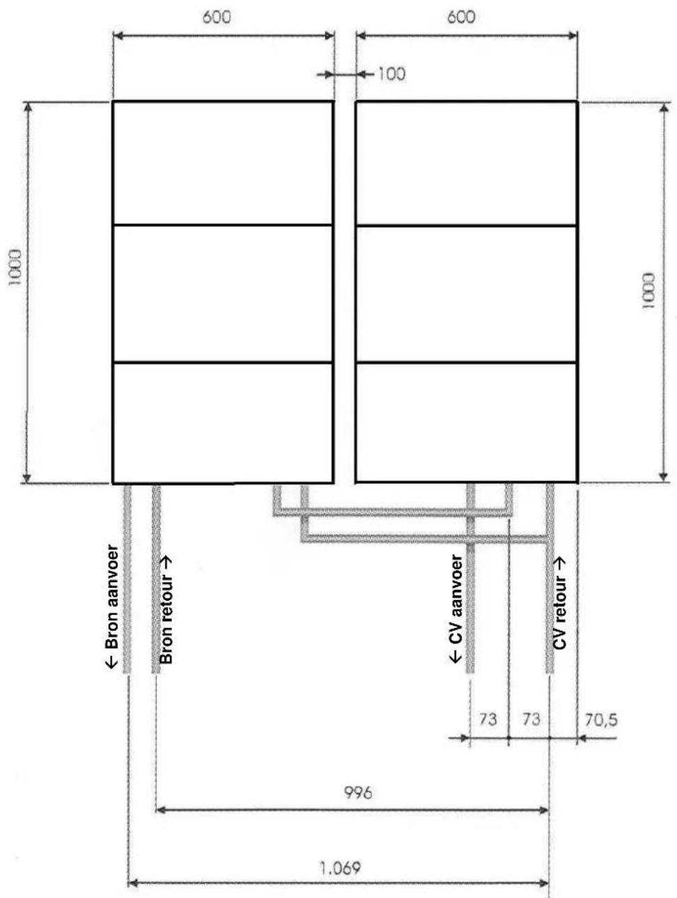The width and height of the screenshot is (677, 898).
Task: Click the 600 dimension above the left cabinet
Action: click(217, 17)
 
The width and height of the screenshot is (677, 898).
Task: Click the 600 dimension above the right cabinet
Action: click(461, 17)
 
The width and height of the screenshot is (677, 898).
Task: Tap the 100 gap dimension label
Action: click(391, 74)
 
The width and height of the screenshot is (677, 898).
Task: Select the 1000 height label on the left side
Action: click(15, 267)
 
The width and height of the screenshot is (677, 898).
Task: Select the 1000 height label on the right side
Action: click(649, 291)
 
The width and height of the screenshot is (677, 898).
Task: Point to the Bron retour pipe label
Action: click(167, 609)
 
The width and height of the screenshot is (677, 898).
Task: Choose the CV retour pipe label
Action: click(560, 604)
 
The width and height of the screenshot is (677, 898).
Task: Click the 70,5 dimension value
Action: click(600, 719)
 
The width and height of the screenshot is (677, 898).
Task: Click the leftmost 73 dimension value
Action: click(488, 719)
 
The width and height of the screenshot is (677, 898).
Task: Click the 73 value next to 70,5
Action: click(531, 719)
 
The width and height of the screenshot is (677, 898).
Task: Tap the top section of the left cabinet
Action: click(222, 163)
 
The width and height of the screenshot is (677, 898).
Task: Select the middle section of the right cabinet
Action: click(466, 294)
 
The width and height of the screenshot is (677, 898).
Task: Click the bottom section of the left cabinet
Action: click(222, 423)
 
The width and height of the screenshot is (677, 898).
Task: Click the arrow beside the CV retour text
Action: click(560, 562)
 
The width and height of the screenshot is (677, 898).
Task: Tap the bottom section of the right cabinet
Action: click(466, 423)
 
